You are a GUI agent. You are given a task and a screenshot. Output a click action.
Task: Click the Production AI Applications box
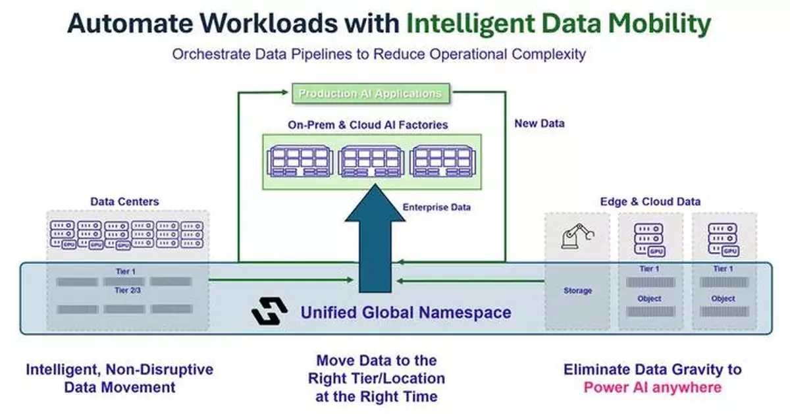pyautogui.click(x=370, y=93)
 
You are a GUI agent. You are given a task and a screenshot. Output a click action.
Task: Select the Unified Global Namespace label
pyautogui.click(x=406, y=311)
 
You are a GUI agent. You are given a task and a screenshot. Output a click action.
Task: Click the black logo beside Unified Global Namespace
pyautogui.click(x=270, y=311)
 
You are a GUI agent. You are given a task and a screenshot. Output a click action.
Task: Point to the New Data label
pyautogui.click(x=539, y=123)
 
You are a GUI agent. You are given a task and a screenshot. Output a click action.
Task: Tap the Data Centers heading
pyautogui.click(x=124, y=201)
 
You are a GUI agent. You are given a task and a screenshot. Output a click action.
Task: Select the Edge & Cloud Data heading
pyautogui.click(x=650, y=201)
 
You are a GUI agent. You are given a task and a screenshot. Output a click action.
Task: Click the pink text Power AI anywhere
pyautogui.click(x=642, y=387)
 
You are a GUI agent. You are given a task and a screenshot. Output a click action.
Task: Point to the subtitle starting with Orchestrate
pyautogui.click(x=379, y=54)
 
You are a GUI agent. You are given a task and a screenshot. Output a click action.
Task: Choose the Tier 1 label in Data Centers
pyautogui.click(x=124, y=271)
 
